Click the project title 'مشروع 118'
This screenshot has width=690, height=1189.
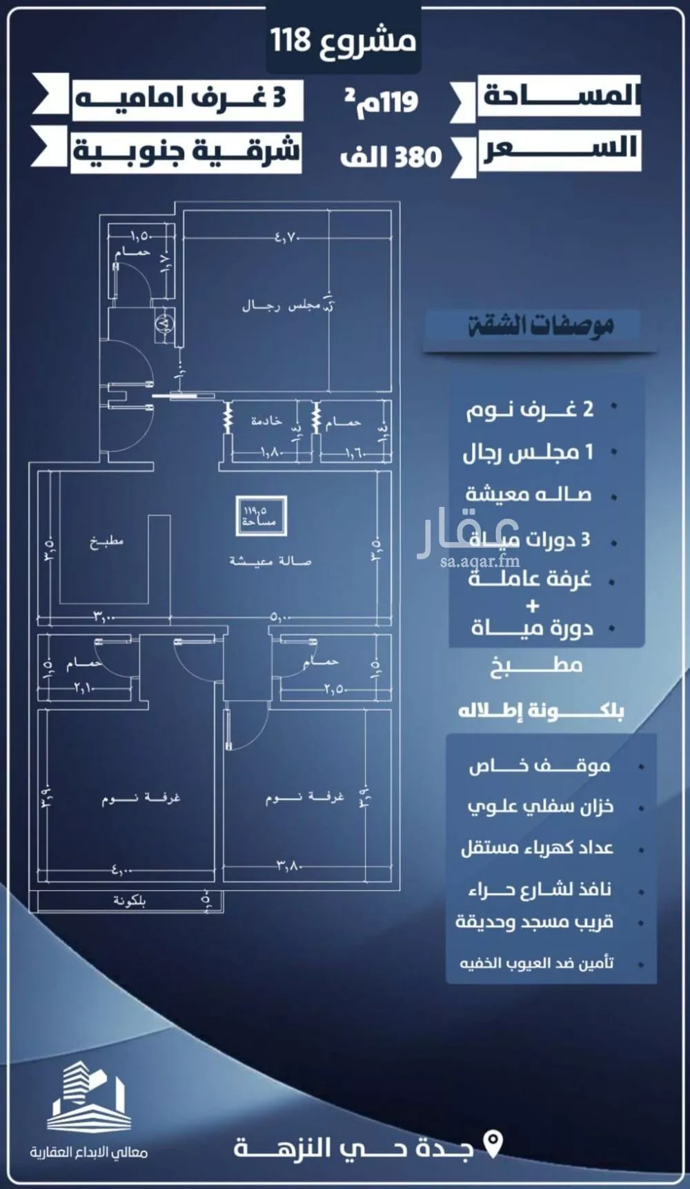343,41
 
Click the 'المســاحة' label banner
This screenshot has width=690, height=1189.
558,95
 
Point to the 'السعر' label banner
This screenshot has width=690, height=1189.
560,150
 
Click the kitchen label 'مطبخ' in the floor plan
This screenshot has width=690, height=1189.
106,541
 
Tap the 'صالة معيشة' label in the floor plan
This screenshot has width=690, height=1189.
270,561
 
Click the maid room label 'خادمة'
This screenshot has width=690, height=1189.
266,420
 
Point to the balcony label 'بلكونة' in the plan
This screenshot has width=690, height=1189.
129,901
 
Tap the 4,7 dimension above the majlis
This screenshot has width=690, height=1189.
286,238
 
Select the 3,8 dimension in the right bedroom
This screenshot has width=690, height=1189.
288,866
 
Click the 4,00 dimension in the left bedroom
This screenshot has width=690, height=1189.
121,870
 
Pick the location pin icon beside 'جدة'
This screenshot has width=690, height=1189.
493,1143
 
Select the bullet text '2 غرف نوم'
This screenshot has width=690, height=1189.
529,410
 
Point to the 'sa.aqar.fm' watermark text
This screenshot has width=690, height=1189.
480,561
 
